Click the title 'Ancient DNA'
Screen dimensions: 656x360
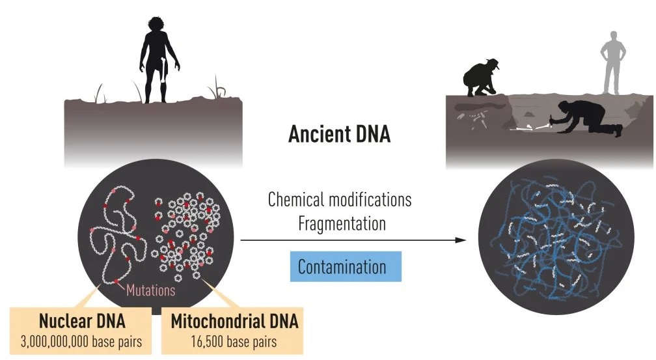click(339, 134)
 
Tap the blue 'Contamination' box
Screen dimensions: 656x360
click(346, 267)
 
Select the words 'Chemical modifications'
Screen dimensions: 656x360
click(340, 200)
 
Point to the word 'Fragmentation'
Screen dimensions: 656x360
click(342, 224)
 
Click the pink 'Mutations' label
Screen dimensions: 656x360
click(150, 290)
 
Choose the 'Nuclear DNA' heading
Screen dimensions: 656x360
click(82, 322)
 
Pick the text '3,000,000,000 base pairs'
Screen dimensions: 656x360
click(81, 342)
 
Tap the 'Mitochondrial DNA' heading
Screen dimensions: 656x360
click(235, 322)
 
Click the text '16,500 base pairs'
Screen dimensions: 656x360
click(234, 342)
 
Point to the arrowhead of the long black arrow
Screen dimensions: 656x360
click(461, 240)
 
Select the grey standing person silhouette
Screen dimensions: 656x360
click(613, 62)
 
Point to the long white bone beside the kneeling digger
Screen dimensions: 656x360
click(541, 126)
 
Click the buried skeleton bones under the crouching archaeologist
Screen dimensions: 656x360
click(473, 118)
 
